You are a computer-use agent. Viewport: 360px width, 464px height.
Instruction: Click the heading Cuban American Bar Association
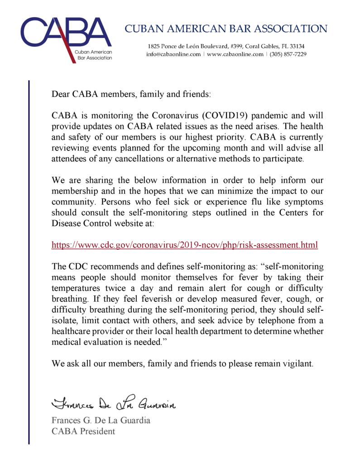point(226,29)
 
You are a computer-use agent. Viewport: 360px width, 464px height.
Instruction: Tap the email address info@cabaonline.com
point(173,54)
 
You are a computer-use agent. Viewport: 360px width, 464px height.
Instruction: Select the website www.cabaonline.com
point(235,54)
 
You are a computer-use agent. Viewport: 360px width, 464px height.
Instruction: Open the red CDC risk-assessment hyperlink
point(185,245)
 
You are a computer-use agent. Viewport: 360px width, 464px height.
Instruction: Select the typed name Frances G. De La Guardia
point(101,420)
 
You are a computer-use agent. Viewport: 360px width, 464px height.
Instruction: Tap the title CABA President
point(83,431)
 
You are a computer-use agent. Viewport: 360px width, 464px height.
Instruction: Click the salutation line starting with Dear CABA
point(131,95)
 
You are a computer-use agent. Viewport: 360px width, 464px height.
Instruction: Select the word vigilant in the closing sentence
point(296,363)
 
